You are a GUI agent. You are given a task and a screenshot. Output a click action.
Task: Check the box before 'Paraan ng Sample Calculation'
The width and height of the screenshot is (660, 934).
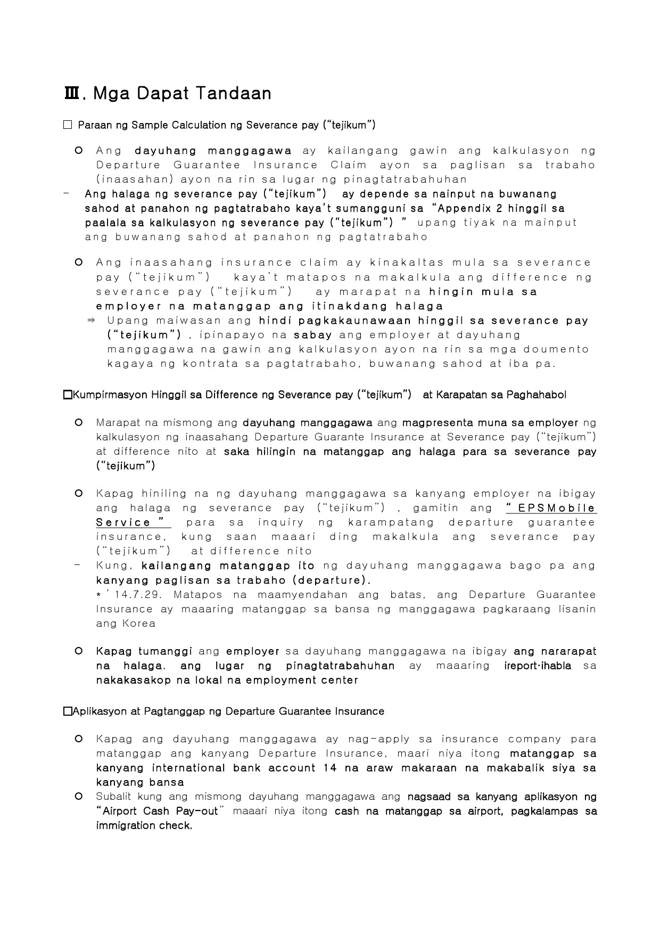(67, 125)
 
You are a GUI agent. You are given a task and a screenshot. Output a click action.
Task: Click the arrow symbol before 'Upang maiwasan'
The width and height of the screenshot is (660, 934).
(90, 321)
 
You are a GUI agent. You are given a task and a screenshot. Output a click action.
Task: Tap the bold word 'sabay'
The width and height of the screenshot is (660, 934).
(313, 335)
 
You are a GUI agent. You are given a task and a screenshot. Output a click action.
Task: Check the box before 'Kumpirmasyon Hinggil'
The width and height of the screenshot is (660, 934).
(67, 395)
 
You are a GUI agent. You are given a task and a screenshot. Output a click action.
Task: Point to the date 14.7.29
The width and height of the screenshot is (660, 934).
(135, 594)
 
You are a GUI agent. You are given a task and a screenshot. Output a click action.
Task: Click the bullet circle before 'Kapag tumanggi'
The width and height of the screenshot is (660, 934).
(79, 651)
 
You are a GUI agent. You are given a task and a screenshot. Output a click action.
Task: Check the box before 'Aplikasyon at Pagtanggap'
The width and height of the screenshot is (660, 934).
(67, 711)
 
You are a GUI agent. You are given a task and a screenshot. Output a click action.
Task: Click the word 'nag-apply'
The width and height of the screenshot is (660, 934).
(378, 739)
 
